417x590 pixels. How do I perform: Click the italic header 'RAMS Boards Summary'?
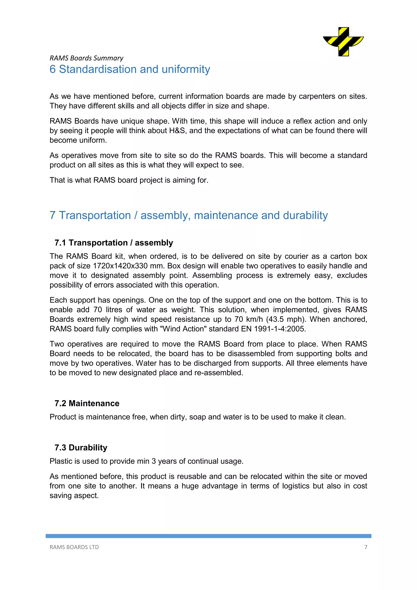coord(86,58)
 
